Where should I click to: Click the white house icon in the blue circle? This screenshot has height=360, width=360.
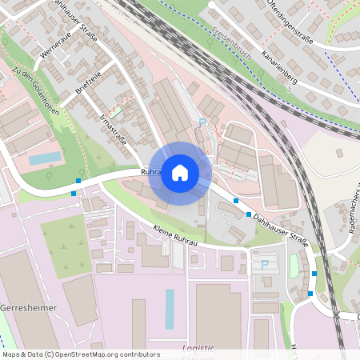pyautogui.click(x=180, y=172)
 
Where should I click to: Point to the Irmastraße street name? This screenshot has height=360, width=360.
pyautogui.click(x=113, y=128)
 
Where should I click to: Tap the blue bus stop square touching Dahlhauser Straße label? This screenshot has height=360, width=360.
pyautogui.click(x=249, y=214)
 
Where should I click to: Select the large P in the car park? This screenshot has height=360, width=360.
pyautogui.click(x=264, y=264)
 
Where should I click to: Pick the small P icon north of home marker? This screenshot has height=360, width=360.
pyautogui.click(x=202, y=122)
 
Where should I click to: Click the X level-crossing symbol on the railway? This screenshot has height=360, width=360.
pyautogui.click(x=337, y=315)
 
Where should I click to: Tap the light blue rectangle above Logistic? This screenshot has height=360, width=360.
pyautogui.click(x=170, y=309)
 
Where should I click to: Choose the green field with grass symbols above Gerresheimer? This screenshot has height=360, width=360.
pyautogui.click(x=66, y=246)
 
